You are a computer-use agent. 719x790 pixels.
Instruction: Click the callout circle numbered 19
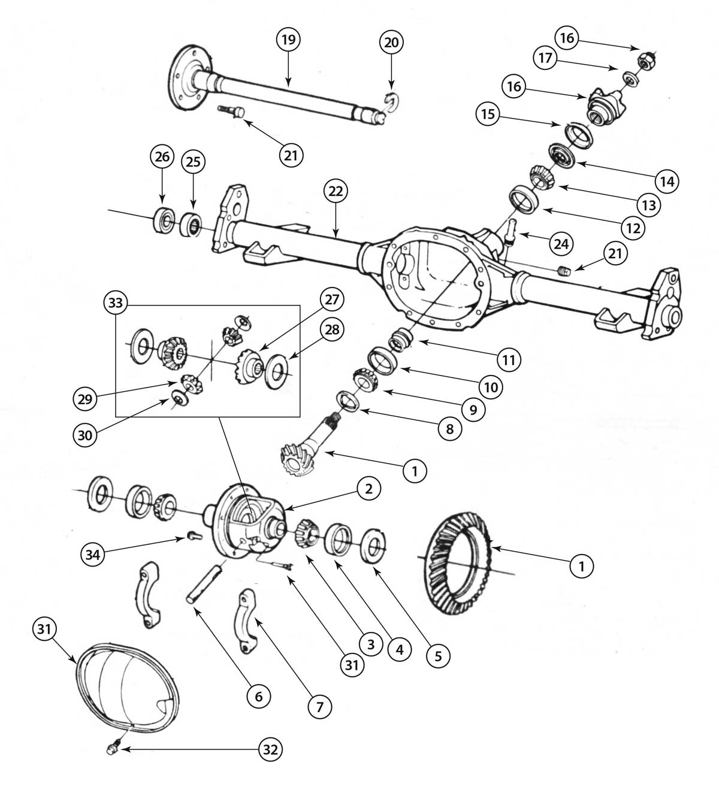click(x=288, y=41)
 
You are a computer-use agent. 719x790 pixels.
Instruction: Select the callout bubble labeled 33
click(x=116, y=303)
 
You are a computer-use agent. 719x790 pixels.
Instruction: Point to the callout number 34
click(x=92, y=555)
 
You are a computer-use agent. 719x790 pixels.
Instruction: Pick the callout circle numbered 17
click(x=546, y=59)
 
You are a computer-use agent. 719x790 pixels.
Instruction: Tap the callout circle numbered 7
click(x=319, y=707)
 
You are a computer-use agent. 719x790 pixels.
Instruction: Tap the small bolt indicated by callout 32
click(x=111, y=749)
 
